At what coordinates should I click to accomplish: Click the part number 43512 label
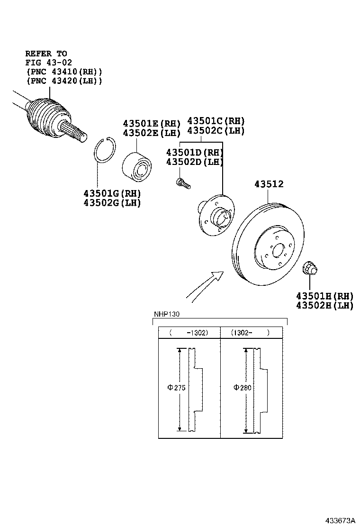point(269,184)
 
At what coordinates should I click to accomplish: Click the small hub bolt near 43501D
point(182,183)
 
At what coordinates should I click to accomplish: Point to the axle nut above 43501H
point(310,269)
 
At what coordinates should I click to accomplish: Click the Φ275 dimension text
point(176,388)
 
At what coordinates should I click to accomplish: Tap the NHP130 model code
point(166,314)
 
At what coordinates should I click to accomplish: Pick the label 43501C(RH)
point(216,121)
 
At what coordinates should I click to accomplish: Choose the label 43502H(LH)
point(324,306)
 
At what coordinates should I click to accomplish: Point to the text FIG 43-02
point(48,63)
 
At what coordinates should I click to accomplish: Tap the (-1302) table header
point(189,333)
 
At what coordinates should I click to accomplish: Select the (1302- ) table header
point(250,333)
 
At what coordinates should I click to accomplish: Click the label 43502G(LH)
point(112,203)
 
